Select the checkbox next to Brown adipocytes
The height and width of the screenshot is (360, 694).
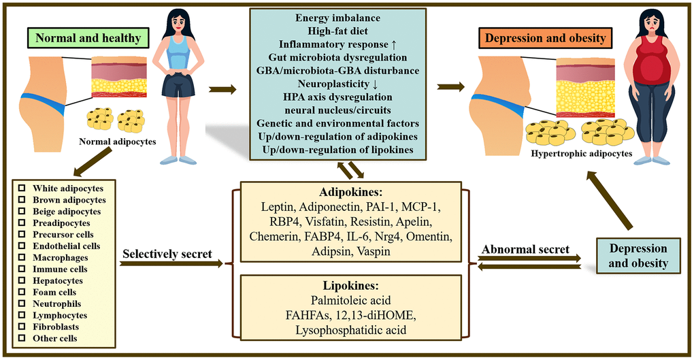(x=23, y=200)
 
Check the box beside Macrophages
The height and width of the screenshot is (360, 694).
(x=23, y=257)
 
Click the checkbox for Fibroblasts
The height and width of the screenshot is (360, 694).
(x=23, y=327)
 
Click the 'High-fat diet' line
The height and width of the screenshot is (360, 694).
(x=337, y=32)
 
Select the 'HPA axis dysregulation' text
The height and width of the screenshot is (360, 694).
(x=337, y=97)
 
